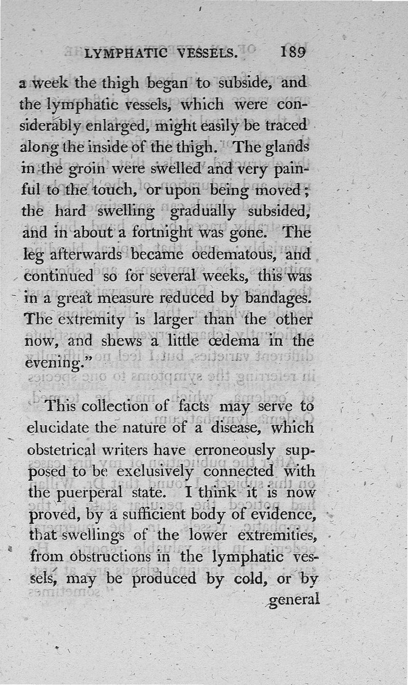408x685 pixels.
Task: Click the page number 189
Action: tap(292, 53)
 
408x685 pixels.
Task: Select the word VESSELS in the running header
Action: tap(208, 53)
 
